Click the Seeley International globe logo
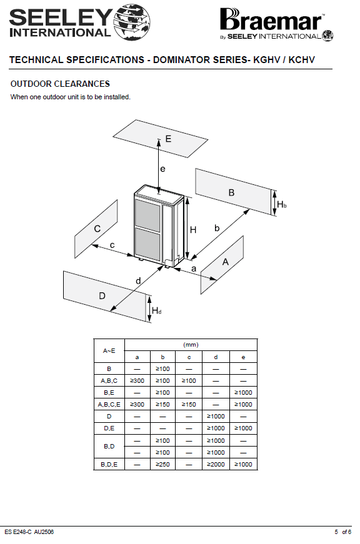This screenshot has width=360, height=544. click(x=132, y=22)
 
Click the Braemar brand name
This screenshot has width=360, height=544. click(x=271, y=20)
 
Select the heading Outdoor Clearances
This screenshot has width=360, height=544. click(x=60, y=84)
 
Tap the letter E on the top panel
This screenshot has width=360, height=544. click(x=168, y=139)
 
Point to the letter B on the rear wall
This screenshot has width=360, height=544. click(x=231, y=192)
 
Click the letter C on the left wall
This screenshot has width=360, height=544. click(x=97, y=229)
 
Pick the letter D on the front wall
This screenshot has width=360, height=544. click(x=102, y=296)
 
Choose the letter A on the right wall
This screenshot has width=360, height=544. click(x=225, y=262)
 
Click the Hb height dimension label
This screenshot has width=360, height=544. click(x=281, y=204)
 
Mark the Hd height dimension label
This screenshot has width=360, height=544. click(x=157, y=310)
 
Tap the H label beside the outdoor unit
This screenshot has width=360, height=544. click(x=193, y=230)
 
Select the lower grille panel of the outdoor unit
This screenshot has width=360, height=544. click(x=147, y=244)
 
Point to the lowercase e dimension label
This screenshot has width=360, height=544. click(x=162, y=169)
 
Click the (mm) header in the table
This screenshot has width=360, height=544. click(x=191, y=345)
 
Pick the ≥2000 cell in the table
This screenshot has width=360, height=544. click(x=216, y=464)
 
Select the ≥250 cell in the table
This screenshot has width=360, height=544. click(x=162, y=464)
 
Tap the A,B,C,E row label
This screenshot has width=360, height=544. click(x=109, y=405)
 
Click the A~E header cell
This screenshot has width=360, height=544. click(x=109, y=351)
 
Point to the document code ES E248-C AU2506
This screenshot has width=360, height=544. click(x=29, y=532)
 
